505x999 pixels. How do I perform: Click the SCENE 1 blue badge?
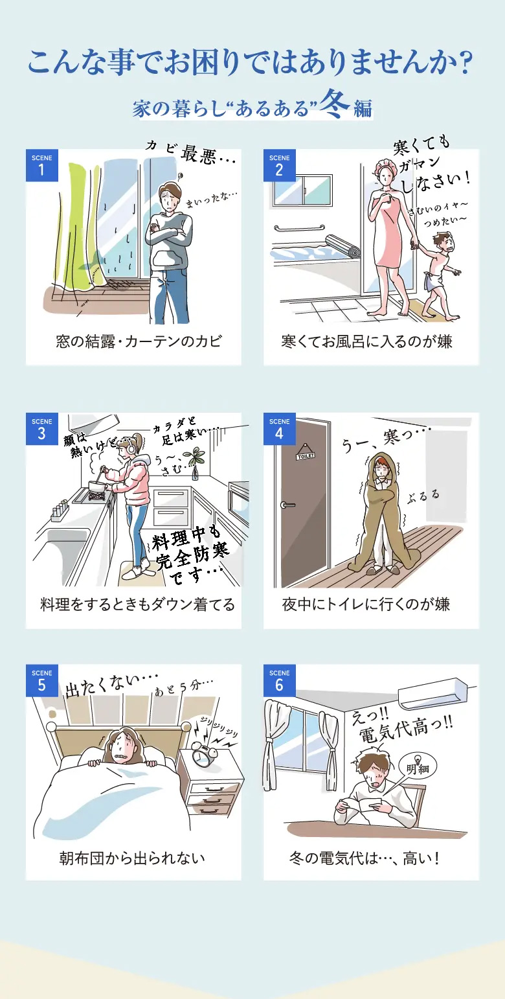[x=42, y=165]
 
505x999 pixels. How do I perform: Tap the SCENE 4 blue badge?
[x=280, y=429]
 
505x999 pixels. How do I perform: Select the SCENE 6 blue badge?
[x=280, y=680]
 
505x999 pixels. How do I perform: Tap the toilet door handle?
[x=287, y=505]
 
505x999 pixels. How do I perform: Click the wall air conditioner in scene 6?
[x=432, y=693]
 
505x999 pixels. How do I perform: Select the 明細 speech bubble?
[x=418, y=768]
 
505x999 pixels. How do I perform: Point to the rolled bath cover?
[x=342, y=246]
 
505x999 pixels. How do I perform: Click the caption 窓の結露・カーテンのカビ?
[x=139, y=342]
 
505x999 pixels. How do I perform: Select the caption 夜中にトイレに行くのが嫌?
[x=366, y=604]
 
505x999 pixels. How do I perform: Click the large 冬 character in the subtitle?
[x=336, y=104]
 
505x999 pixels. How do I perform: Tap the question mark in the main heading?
[x=465, y=62]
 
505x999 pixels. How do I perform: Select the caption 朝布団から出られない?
[x=132, y=858]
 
